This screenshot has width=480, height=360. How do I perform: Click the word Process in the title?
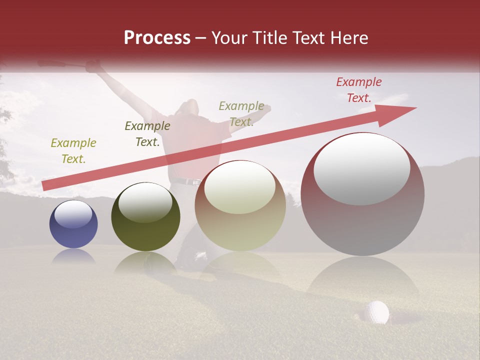point(157,38)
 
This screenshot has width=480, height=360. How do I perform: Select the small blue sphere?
point(73,224)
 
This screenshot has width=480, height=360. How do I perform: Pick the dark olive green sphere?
point(145,217)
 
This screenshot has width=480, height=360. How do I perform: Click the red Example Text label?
point(358,90)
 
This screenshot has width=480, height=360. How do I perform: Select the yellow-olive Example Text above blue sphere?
point(73,150)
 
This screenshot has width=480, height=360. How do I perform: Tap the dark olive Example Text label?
point(147,133)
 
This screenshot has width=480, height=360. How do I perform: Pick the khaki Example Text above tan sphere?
point(241,113)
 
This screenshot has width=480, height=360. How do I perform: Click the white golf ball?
point(376,311)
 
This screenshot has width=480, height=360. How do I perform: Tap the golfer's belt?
point(185,181)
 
